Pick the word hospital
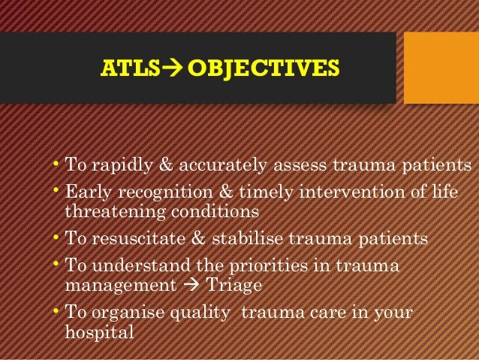tap(98, 331)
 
